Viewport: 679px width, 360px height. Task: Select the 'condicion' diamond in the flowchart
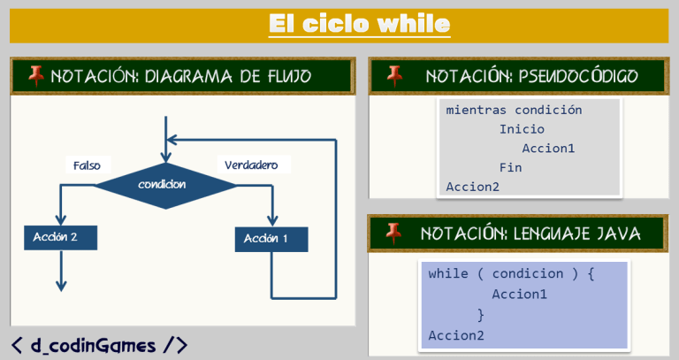point(165,184)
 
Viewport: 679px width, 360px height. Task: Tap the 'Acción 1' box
point(271,239)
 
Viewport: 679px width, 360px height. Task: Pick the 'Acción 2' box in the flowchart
point(60,237)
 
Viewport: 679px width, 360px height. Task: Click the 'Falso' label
point(88,165)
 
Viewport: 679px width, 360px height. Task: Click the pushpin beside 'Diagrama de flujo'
point(36,76)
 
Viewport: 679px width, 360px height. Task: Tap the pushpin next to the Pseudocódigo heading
point(394,76)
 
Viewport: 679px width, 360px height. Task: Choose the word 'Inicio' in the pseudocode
point(522,129)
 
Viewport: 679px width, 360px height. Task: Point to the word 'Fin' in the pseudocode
point(510,167)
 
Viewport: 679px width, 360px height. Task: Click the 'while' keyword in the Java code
point(447,273)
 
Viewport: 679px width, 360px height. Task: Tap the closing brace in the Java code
point(480,314)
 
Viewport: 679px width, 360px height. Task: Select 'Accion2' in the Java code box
point(456,334)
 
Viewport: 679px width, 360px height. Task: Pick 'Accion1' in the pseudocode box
point(548,148)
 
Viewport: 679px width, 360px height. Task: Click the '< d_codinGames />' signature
point(99,345)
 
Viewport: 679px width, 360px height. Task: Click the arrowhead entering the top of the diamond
point(165,155)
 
